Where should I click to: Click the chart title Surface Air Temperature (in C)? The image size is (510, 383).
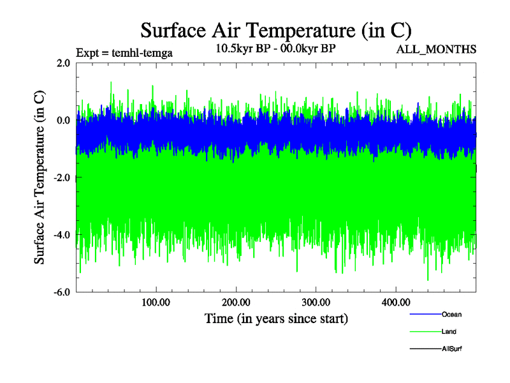pyautogui.click(x=275, y=30)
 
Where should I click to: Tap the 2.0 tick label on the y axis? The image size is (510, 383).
pyautogui.click(x=63, y=63)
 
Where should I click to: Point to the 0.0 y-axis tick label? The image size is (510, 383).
pyautogui.click(x=63, y=120)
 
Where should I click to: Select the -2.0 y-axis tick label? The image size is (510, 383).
pyautogui.click(x=62, y=177)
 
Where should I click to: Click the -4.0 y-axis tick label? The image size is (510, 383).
pyautogui.click(x=62, y=234)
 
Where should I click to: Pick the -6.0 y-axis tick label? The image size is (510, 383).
pyautogui.click(x=62, y=292)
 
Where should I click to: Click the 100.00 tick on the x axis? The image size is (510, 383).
pyautogui.click(x=156, y=301)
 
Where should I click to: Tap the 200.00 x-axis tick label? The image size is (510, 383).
pyautogui.click(x=236, y=301)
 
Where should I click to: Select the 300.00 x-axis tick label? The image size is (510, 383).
pyautogui.click(x=316, y=301)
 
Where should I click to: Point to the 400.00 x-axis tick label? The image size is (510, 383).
pyautogui.click(x=395, y=301)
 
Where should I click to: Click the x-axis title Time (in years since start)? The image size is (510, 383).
pyautogui.click(x=276, y=318)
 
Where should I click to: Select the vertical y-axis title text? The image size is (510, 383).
pyautogui.click(x=40, y=177)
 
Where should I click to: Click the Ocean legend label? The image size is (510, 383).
pyautogui.click(x=451, y=314)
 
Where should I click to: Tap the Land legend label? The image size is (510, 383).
pyautogui.click(x=449, y=331)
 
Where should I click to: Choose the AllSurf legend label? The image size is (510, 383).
pyautogui.click(x=451, y=349)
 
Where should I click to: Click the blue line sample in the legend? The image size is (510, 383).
pyautogui.click(x=425, y=314)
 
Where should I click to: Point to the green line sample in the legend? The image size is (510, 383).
pyautogui.click(x=425, y=331)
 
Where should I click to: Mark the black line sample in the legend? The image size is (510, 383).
pyautogui.click(x=425, y=349)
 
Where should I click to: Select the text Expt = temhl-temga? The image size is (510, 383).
pyautogui.click(x=124, y=52)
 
